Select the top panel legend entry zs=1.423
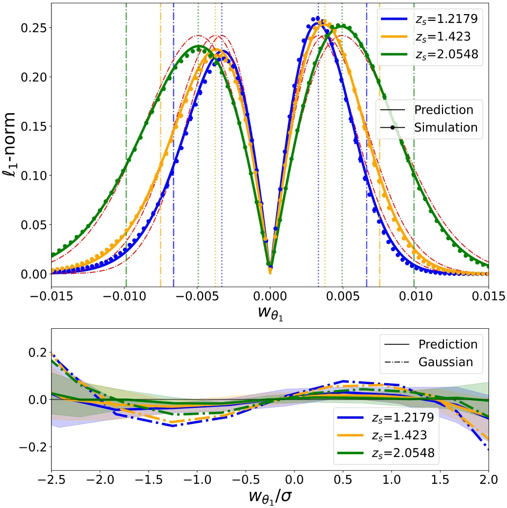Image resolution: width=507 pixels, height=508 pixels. click(x=430, y=37)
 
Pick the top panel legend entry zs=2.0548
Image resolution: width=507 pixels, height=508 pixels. click(x=430, y=55)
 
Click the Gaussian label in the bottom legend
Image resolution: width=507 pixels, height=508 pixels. click(x=445, y=362)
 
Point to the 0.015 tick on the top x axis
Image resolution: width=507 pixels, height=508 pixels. click(x=488, y=296)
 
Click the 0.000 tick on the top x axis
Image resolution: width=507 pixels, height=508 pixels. click(x=270, y=296)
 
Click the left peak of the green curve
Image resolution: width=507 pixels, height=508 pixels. click(x=198, y=46)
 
